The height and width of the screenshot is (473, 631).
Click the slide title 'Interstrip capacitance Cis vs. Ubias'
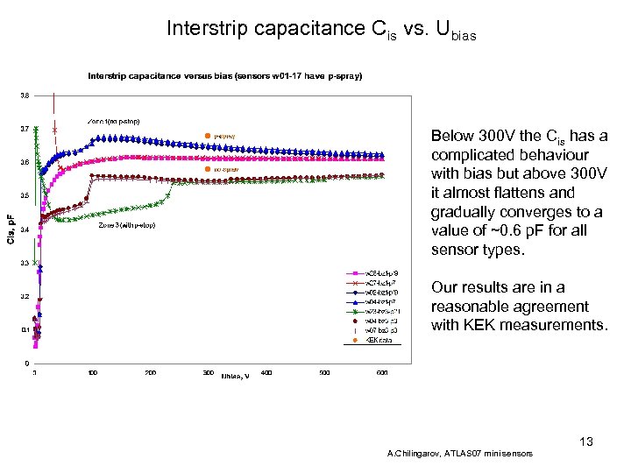coord(322,30)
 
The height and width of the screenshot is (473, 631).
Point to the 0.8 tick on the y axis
coord(25,95)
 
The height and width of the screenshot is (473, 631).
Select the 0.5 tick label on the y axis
coord(25,195)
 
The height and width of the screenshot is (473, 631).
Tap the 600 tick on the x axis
coord(382,373)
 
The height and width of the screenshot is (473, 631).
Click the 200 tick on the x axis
coord(151,373)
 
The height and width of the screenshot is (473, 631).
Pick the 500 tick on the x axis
coord(324,373)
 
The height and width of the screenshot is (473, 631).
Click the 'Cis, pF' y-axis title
coord(11,229)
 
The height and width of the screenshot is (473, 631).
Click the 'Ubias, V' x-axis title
coord(235,375)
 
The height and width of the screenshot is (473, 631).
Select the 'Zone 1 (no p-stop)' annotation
coord(113,120)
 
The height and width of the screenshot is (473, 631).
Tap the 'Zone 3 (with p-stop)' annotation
coord(127,225)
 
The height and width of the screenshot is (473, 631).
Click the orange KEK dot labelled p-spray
coord(208,136)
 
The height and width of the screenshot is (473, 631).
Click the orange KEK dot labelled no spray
coord(208,168)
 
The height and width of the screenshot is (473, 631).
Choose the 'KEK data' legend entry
coord(377,339)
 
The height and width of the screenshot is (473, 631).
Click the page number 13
coord(585,441)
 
